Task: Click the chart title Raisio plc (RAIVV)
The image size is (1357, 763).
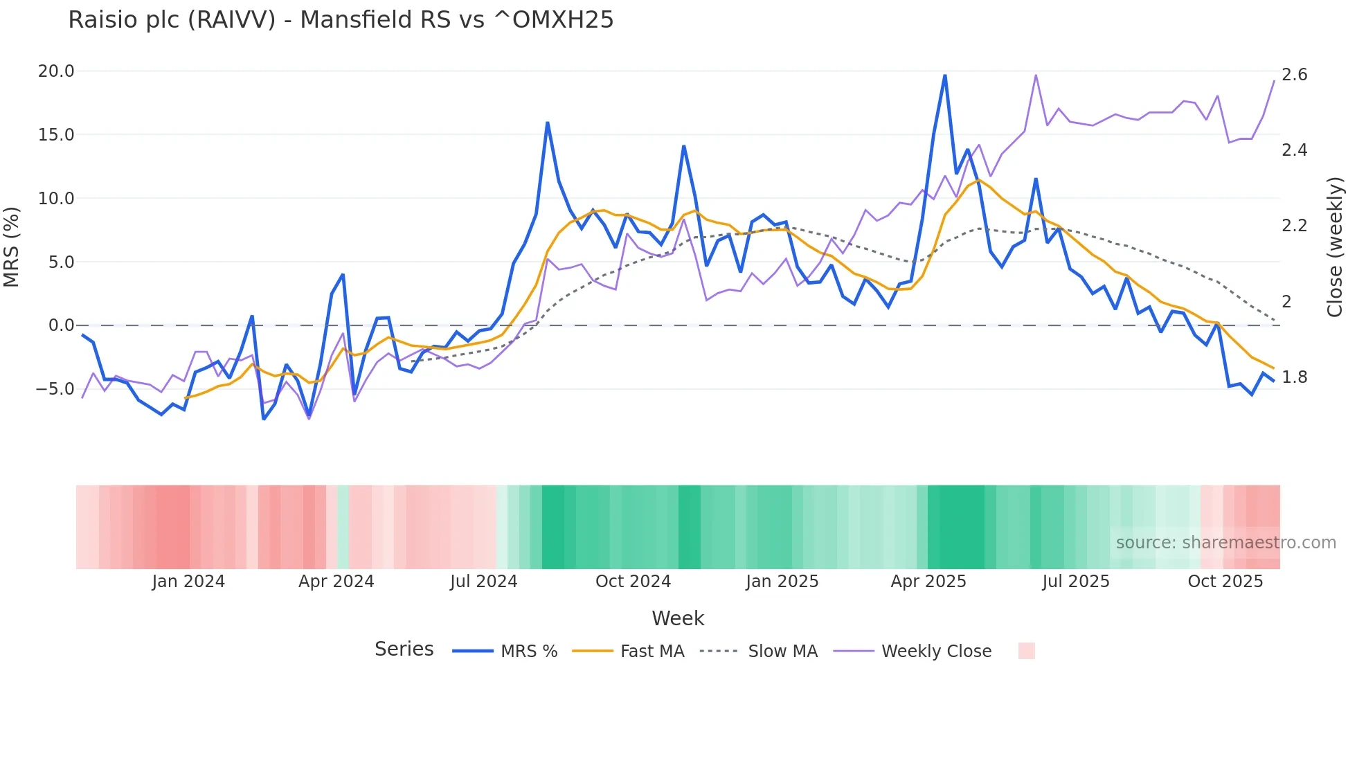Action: click(x=341, y=19)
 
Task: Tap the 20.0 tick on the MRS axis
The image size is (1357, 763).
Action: click(x=56, y=71)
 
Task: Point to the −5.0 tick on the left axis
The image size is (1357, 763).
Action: click(x=55, y=389)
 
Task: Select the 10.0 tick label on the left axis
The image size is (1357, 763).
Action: click(x=56, y=199)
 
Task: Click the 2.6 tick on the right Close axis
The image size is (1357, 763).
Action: click(x=1294, y=75)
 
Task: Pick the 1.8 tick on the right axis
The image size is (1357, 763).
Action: click(x=1294, y=377)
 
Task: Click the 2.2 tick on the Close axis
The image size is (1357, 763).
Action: click(x=1294, y=226)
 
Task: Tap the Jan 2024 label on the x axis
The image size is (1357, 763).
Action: click(x=188, y=582)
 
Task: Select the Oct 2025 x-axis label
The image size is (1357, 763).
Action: click(x=1225, y=582)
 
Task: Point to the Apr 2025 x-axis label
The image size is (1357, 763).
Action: click(x=928, y=582)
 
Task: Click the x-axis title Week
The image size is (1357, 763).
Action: click(x=678, y=618)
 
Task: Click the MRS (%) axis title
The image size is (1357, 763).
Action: click(x=12, y=247)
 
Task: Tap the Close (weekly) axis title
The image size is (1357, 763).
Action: click(x=1335, y=247)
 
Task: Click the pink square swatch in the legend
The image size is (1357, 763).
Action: click(x=1026, y=651)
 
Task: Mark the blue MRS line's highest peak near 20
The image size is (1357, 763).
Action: click(x=944, y=75)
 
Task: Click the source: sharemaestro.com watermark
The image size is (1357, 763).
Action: click(x=1225, y=543)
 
